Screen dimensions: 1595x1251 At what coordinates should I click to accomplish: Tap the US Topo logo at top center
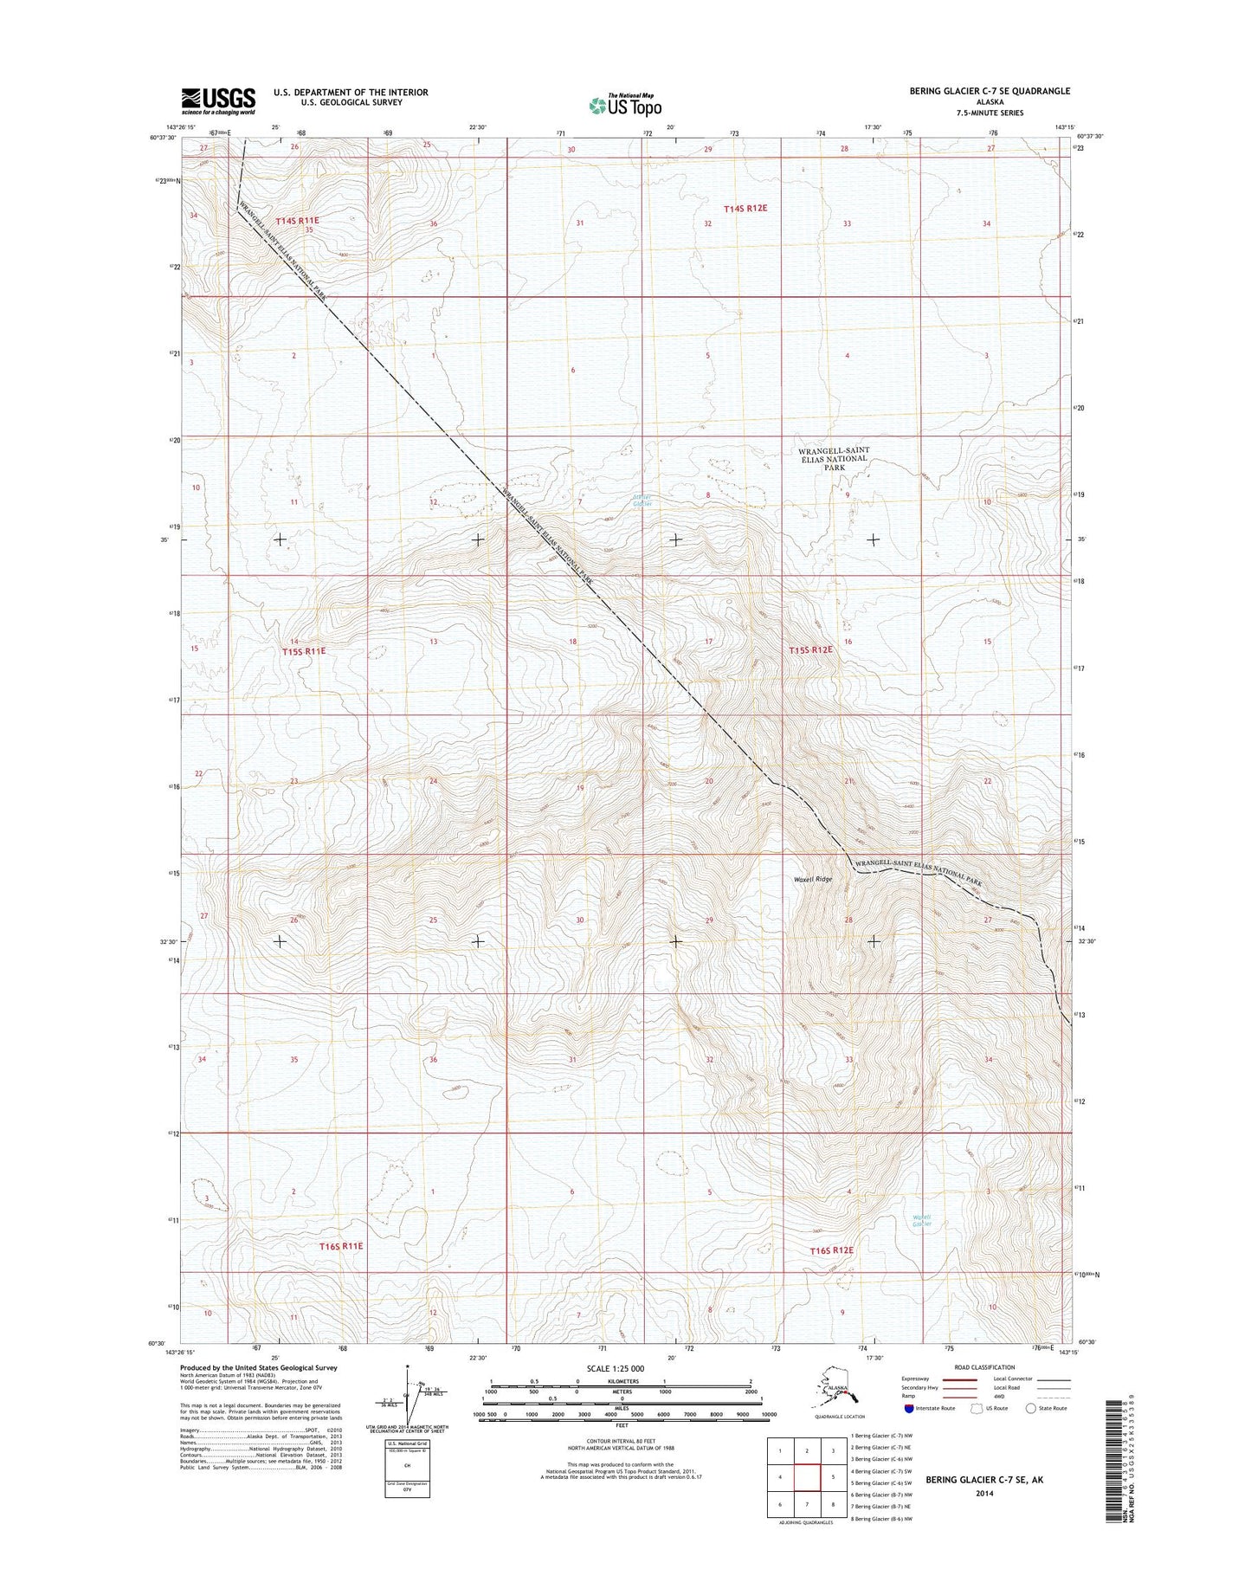click(625, 105)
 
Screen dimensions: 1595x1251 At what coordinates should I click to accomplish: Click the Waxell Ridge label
click(812, 879)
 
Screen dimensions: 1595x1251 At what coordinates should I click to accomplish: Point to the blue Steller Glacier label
click(642, 500)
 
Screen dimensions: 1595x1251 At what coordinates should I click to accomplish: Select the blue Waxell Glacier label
click(922, 1221)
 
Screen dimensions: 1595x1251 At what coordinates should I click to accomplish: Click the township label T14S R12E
click(745, 209)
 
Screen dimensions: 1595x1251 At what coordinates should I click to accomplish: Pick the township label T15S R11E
click(303, 650)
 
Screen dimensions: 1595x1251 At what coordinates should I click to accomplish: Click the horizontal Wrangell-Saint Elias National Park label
click(834, 458)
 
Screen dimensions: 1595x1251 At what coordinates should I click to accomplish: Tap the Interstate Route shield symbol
click(908, 1409)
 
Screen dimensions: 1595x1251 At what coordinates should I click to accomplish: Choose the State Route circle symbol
click(1030, 1409)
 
